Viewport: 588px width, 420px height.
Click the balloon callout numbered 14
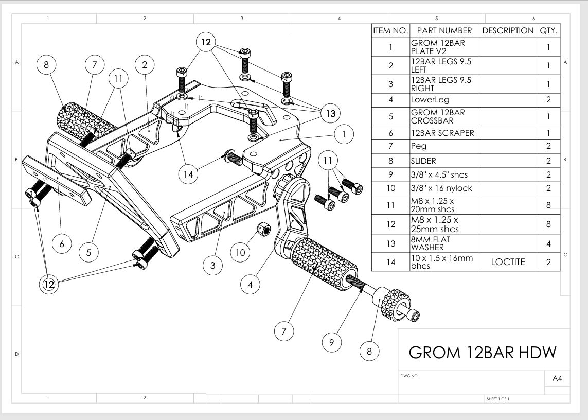tap(188, 174)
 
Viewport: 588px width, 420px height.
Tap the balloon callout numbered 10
tap(241, 252)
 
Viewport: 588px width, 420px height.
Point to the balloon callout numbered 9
tap(332, 341)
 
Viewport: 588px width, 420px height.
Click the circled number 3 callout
tap(212, 266)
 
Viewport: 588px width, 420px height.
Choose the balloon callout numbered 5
tap(89, 252)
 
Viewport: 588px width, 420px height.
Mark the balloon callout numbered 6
tap(62, 244)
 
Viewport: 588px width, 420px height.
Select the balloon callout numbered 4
tap(251, 284)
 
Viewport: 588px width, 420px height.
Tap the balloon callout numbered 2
tap(145, 64)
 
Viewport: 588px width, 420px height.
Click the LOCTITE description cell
tap(508, 262)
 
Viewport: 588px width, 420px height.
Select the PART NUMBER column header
tap(444, 31)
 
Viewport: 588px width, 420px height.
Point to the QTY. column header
tap(548, 31)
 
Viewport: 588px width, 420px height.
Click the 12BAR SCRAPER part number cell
tap(444, 133)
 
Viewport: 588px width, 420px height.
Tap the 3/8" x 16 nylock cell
tap(444, 188)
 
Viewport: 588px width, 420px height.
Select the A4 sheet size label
tap(557, 378)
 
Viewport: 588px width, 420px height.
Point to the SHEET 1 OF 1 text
tap(497, 399)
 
